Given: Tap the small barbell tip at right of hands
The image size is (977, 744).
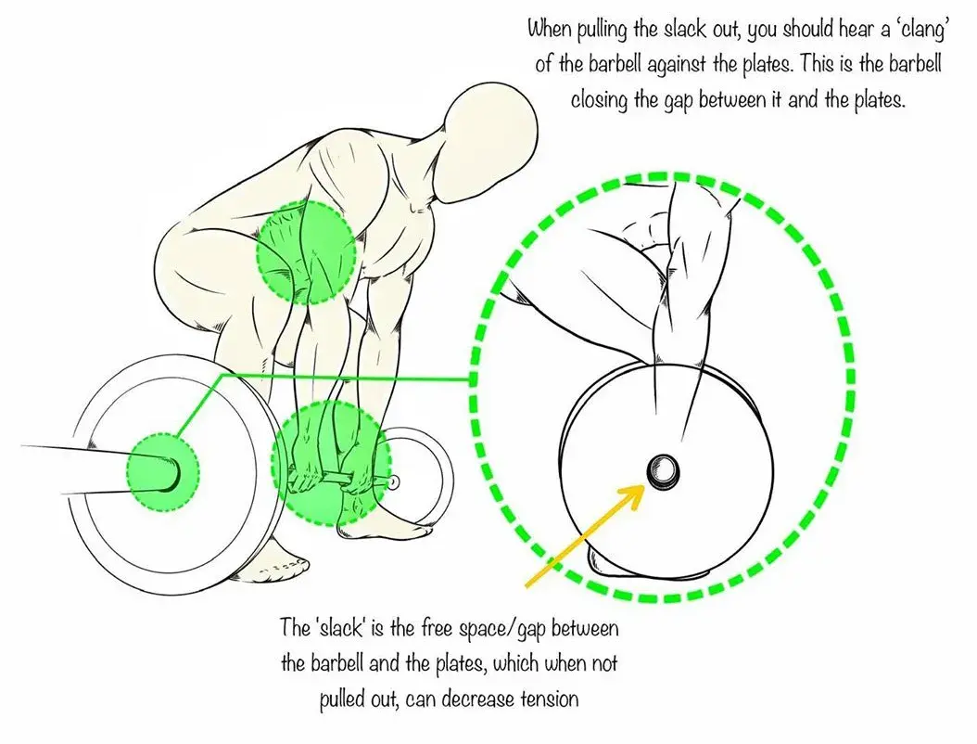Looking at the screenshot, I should [395, 481].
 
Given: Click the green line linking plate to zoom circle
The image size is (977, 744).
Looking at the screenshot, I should [343, 377].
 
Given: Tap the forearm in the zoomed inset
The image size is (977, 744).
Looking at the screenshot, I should [667, 306].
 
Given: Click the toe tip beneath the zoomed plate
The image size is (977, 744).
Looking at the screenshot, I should [599, 561].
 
